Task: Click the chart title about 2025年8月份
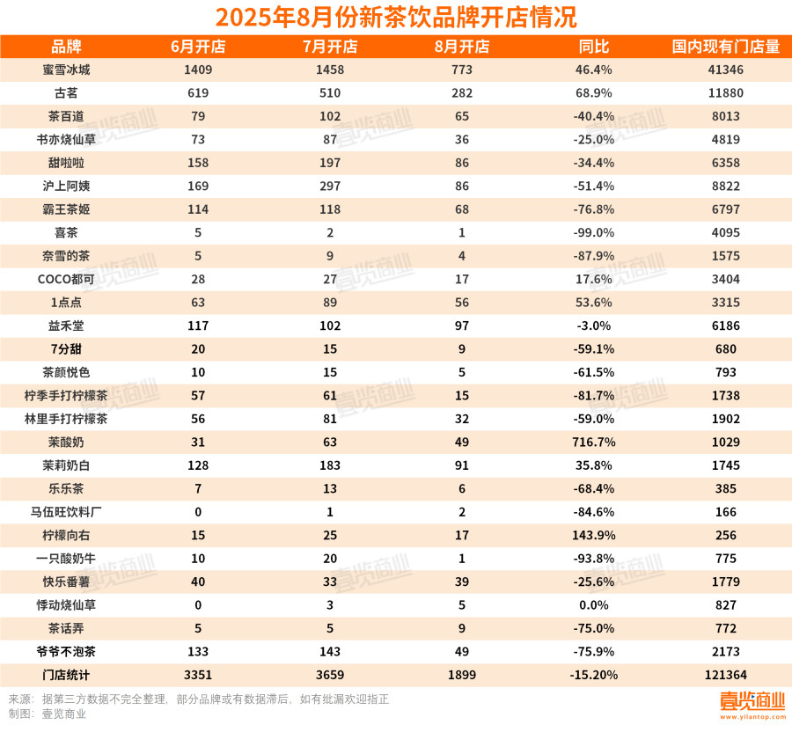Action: [x=396, y=17]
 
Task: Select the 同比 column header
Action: [x=594, y=47]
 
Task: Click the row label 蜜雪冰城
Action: [x=67, y=70]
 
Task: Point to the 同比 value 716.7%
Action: [x=594, y=443]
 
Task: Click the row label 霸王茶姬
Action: [x=67, y=209]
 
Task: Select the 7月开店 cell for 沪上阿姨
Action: [x=330, y=187]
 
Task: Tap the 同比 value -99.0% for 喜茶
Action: [x=594, y=233]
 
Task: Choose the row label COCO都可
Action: [x=67, y=280]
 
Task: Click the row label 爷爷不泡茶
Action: [x=67, y=652]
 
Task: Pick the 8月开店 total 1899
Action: [x=462, y=676]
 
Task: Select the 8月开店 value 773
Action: [x=462, y=70]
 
